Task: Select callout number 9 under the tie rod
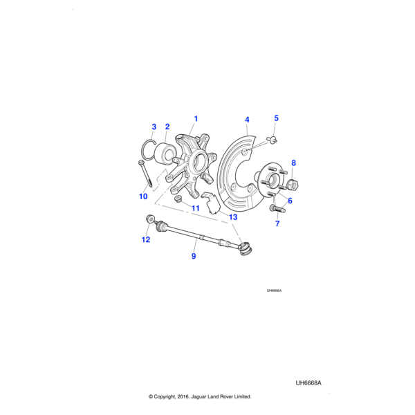pos(194,256)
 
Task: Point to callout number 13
pos(233,217)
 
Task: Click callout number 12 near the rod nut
pos(145,240)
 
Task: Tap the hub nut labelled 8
pos(292,184)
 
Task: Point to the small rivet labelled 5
pos(274,139)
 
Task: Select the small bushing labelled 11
pos(177,199)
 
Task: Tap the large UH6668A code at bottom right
pos(309,382)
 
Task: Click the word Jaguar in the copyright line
pos(196,397)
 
